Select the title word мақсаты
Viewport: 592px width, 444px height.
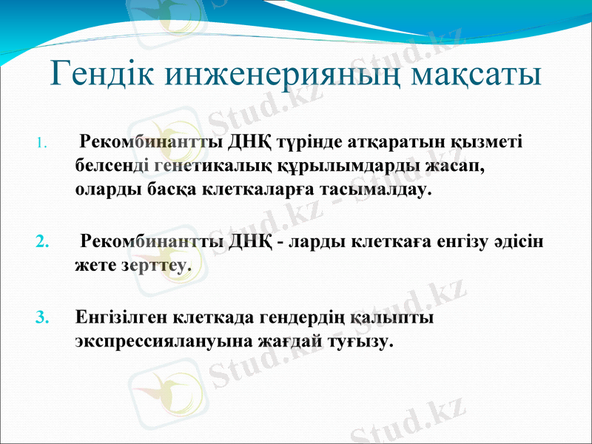point(477,74)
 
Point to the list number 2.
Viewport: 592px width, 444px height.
point(42,242)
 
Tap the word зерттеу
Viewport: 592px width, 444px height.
point(154,265)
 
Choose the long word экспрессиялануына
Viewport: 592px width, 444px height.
point(158,343)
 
